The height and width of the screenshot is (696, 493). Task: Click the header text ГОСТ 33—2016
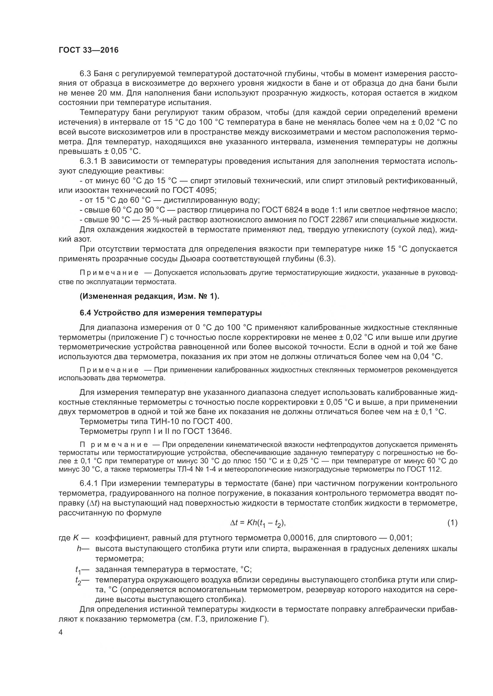[x=88, y=50]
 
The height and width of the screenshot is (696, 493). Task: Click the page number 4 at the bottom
[x=61, y=632]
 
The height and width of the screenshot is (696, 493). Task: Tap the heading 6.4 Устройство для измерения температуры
[x=170, y=313]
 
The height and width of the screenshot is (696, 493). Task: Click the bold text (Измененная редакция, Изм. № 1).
[x=149, y=296]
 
